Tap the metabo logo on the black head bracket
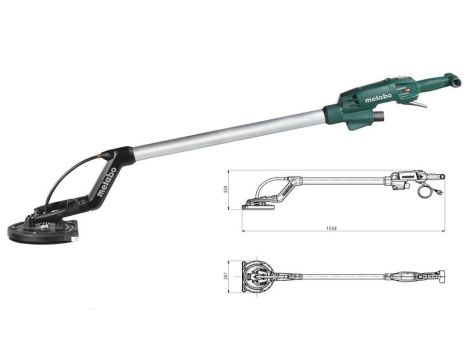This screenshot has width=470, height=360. coord(108,183)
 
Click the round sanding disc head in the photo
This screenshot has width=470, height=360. coord(45,228)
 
